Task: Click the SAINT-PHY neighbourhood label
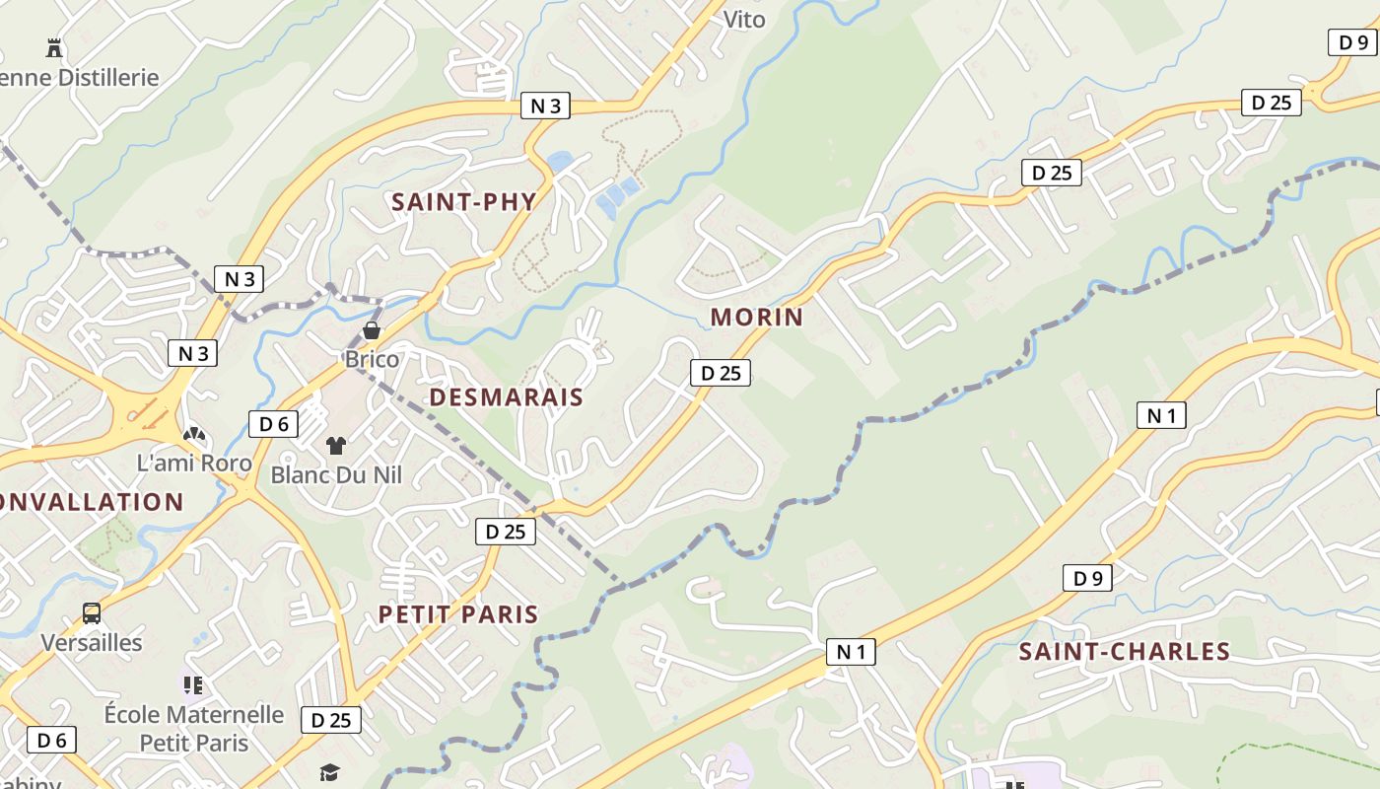tap(463, 202)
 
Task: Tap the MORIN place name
tap(757, 317)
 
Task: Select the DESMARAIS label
tap(507, 397)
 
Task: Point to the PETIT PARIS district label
tap(458, 614)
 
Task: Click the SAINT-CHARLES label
tap(1124, 651)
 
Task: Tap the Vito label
tap(744, 19)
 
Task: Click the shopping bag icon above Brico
tap(373, 330)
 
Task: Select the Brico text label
tap(373, 359)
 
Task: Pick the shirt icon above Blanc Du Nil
tap(336, 446)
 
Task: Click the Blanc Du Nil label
tap(336, 475)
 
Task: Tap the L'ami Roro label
tap(194, 463)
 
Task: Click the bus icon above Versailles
tap(92, 613)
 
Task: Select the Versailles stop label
tap(92, 643)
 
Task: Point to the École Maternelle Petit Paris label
tap(194, 728)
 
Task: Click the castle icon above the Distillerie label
tap(54, 47)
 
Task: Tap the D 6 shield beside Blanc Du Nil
tap(273, 424)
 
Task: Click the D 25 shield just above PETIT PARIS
tap(506, 532)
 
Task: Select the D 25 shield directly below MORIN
tap(721, 373)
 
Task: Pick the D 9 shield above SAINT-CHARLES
tap(1087, 578)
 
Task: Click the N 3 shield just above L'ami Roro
tap(192, 353)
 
